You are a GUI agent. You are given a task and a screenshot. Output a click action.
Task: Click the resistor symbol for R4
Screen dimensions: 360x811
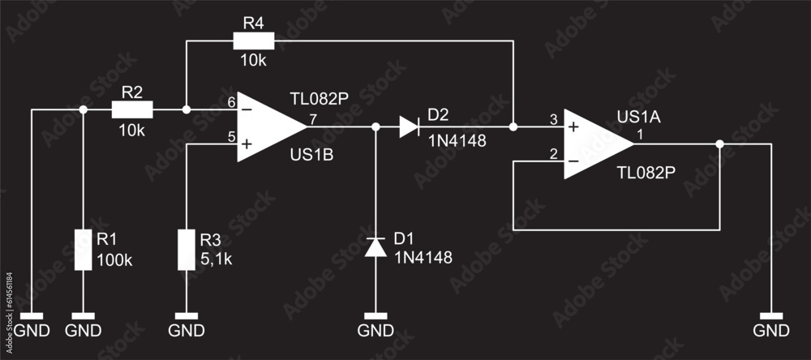pyautogui.click(x=254, y=41)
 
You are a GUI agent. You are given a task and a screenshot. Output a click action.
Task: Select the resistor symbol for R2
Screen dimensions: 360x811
pyautogui.click(x=131, y=109)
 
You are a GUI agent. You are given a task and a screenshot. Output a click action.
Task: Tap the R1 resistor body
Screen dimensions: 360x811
pyautogui.click(x=83, y=249)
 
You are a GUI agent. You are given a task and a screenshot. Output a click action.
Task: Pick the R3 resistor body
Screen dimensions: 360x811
pyautogui.click(x=187, y=249)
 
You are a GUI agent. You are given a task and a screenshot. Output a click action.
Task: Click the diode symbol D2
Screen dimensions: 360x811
pyautogui.click(x=409, y=126)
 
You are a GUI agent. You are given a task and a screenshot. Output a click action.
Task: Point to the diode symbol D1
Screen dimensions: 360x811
pyautogui.click(x=375, y=246)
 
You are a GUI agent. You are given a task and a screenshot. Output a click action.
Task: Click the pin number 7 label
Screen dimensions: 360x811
pyautogui.click(x=312, y=120)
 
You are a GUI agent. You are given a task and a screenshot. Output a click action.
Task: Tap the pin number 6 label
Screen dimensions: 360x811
pyautogui.click(x=231, y=102)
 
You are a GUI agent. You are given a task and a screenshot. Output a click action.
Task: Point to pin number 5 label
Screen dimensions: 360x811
pyautogui.click(x=231, y=138)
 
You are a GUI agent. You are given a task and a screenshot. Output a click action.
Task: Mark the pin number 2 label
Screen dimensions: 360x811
pyautogui.click(x=554, y=154)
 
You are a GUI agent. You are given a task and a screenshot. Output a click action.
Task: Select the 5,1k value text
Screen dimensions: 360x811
pyautogui.click(x=217, y=259)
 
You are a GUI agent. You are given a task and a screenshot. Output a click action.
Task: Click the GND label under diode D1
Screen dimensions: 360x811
pyautogui.click(x=375, y=331)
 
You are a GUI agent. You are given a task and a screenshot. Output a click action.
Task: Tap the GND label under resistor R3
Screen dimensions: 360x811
pyautogui.click(x=187, y=331)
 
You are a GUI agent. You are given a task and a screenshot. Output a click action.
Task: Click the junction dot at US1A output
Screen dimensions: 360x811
pyautogui.click(x=720, y=144)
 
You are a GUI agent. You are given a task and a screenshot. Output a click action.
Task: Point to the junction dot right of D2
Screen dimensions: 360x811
pyautogui.click(x=513, y=126)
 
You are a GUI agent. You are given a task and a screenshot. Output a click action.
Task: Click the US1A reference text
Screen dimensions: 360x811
pyautogui.click(x=639, y=118)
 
